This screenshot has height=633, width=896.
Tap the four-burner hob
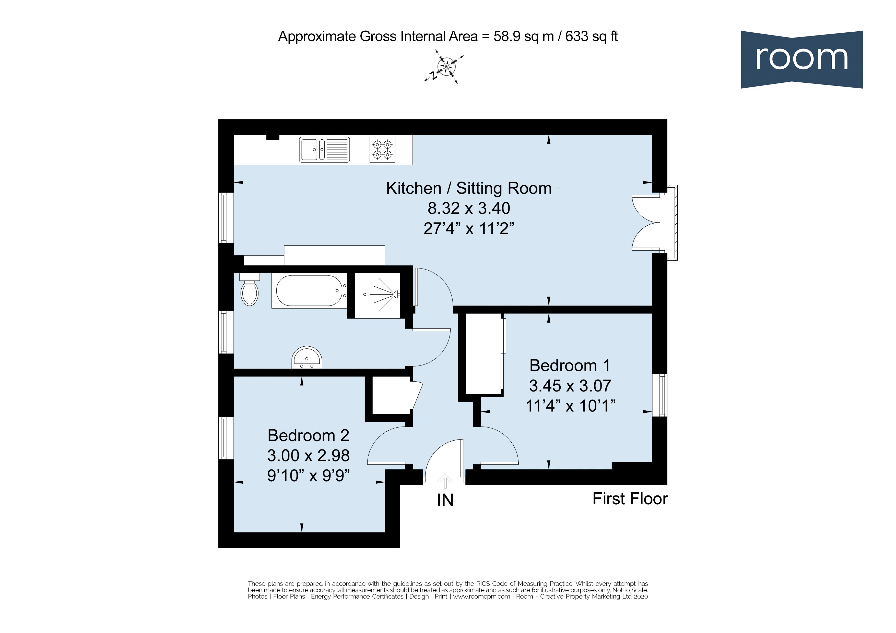[x=382, y=149]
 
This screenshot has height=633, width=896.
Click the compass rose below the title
[x=445, y=67]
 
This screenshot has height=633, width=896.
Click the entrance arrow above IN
[x=445, y=481]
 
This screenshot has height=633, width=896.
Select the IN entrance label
[x=445, y=501]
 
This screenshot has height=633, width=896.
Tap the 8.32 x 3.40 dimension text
[x=469, y=208]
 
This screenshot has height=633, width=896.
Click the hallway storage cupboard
[x=391, y=395]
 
